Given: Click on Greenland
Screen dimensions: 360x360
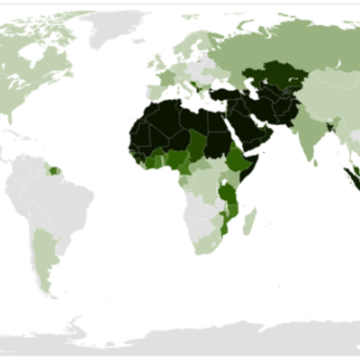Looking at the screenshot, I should (x=116, y=27).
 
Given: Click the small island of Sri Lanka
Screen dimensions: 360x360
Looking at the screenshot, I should (x=317, y=158).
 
